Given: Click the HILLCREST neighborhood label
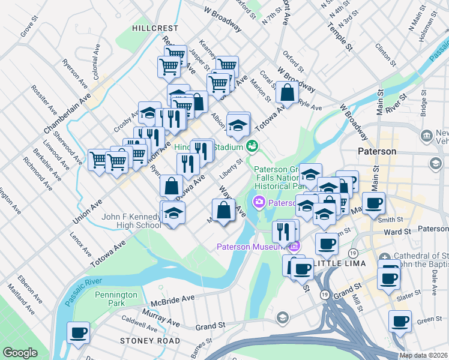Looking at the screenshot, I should pos(155,28).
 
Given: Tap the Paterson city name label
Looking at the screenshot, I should pos(376,151).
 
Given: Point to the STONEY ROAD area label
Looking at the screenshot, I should pos(149,341).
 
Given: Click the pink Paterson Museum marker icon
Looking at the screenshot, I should pos(294,247).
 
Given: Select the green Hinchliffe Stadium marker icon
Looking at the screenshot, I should pos(253,146).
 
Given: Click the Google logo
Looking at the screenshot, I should pos(20,353).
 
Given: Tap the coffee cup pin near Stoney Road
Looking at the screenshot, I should pos(78,332).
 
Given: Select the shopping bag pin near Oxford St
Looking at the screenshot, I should pos(288,93).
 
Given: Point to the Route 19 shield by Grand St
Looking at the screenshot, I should pos(324,295).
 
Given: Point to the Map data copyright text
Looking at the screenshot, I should pos(423,355).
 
